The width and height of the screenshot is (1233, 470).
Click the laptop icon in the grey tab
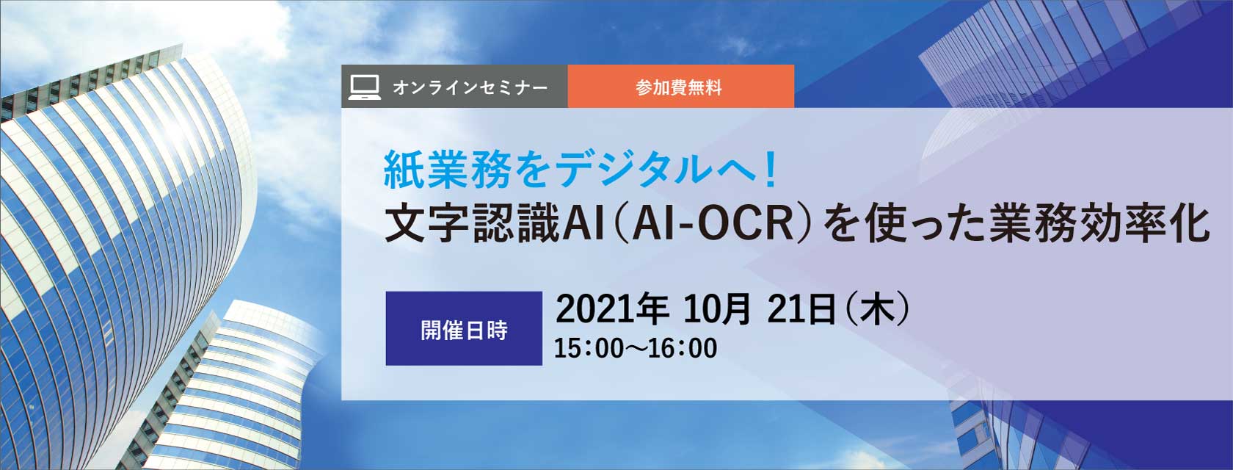[x=364, y=87]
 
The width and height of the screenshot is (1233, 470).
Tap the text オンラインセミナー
[x=470, y=87]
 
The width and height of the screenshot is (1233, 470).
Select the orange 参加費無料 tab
[x=681, y=86]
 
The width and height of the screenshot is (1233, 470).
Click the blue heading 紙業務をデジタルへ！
[x=581, y=169]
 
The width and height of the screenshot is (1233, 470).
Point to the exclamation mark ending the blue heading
[x=769, y=169]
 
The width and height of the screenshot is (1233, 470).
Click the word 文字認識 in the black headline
[x=471, y=224]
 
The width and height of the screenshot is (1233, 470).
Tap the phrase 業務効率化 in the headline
[x=1099, y=224]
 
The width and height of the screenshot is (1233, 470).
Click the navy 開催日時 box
[x=464, y=328]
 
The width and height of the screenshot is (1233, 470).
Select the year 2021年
[x=611, y=309]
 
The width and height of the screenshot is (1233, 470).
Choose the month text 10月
[x=716, y=309]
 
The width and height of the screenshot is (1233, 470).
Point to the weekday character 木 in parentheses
[x=877, y=309]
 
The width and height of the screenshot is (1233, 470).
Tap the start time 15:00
[x=589, y=348]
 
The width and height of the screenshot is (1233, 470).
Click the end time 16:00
[x=683, y=348]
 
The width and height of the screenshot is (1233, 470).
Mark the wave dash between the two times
[x=636, y=348]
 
